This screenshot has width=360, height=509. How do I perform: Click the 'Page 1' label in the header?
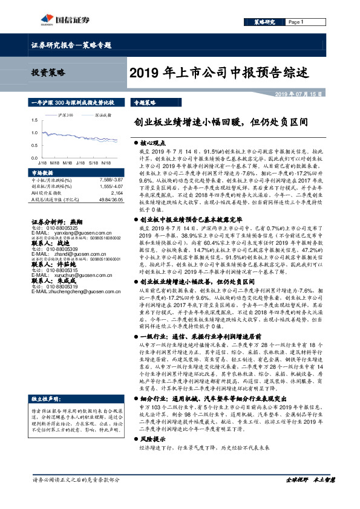(x=295, y=22)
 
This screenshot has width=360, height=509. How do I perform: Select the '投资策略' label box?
(x=48, y=73)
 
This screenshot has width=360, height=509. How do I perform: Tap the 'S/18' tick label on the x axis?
(x=93, y=163)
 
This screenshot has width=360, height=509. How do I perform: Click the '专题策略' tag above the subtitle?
(x=145, y=103)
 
